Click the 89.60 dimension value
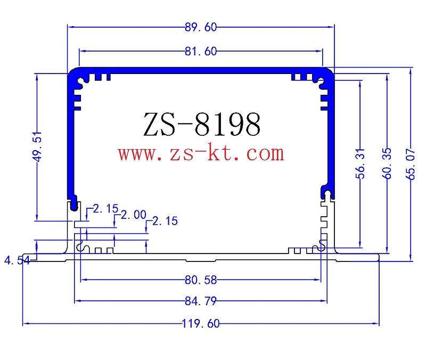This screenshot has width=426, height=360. coord(200,27)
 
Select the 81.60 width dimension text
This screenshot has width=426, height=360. coord(200,51)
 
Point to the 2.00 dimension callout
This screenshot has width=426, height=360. coord(133,215)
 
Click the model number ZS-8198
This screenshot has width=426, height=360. coord(202,125)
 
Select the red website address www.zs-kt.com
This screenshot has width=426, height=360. coord(201,154)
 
